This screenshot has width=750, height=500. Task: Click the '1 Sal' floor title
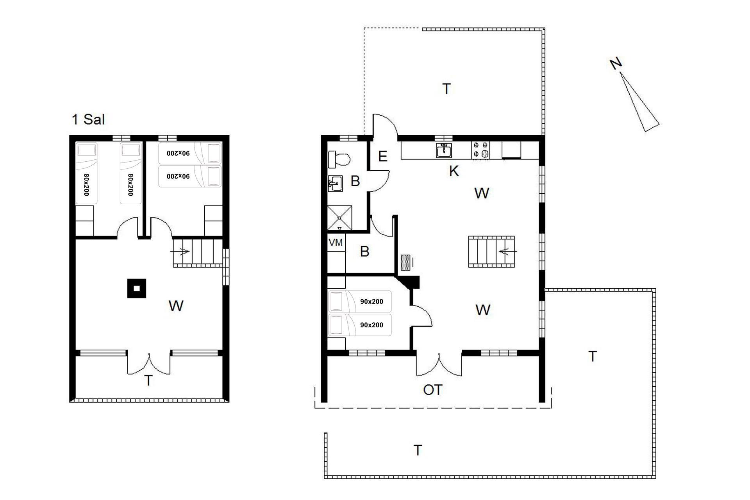coord(88,119)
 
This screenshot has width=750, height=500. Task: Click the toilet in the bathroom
coord(339,159)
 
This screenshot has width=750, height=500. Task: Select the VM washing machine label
coord(336,243)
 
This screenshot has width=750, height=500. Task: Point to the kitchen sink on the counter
coord(444,150)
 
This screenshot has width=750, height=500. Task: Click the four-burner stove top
coord(480,150)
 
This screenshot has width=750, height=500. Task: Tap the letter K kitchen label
coord(454,171)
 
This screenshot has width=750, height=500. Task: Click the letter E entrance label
coord(383,156)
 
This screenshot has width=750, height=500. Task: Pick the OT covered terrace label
coord(433,389)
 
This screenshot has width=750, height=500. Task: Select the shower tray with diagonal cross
coord(339,218)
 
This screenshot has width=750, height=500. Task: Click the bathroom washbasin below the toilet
coord(335,184)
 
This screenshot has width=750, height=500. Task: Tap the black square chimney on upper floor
coord(136,288)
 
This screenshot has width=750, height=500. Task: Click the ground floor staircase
coord(492,252)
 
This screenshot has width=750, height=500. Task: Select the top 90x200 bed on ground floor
coord(360,302)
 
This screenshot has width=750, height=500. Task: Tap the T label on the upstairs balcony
coord(148,380)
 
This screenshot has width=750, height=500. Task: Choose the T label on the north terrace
coord(446,89)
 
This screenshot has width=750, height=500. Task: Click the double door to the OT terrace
coord(439,364)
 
